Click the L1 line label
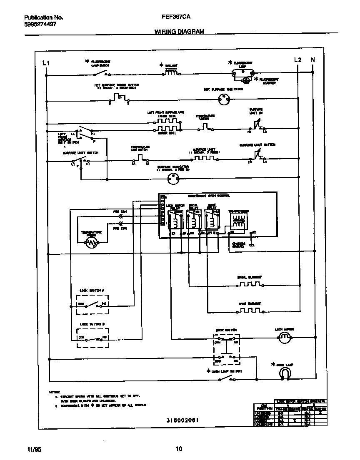click(x=46, y=63)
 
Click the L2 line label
click(x=297, y=60)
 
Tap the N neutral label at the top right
click(x=313, y=60)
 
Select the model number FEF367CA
click(x=173, y=18)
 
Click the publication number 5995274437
click(x=40, y=24)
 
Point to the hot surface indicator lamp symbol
click(x=224, y=99)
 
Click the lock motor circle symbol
click(x=284, y=338)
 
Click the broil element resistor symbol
click(x=249, y=284)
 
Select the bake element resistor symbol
click(x=249, y=311)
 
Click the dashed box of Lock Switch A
click(x=92, y=304)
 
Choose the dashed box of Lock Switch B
click(x=92, y=338)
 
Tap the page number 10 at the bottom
click(x=179, y=449)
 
